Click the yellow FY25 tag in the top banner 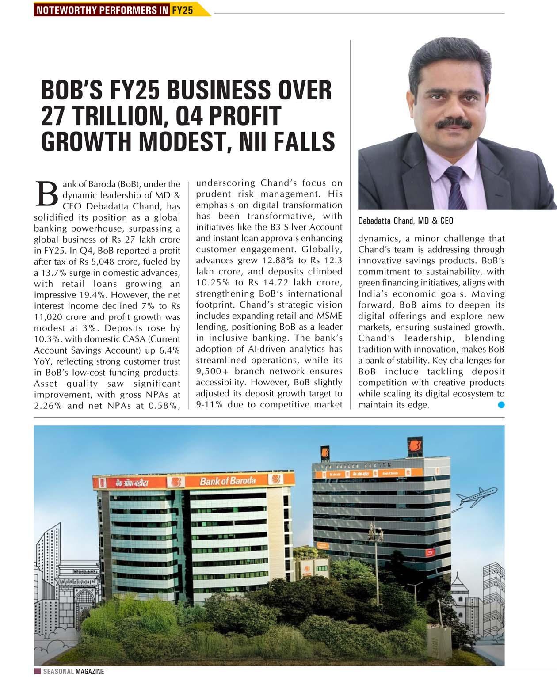pyautogui.click(x=182, y=10)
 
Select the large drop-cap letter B pyautogui.click(x=46, y=194)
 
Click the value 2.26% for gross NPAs pyautogui.click(x=48, y=406)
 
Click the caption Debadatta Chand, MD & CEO pyautogui.click(x=405, y=221)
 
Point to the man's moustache pyautogui.click(x=453, y=123)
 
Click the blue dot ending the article pyautogui.click(x=501, y=404)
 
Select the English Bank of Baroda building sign pyautogui.click(x=228, y=481)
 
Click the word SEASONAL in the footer pyautogui.click(x=58, y=672)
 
